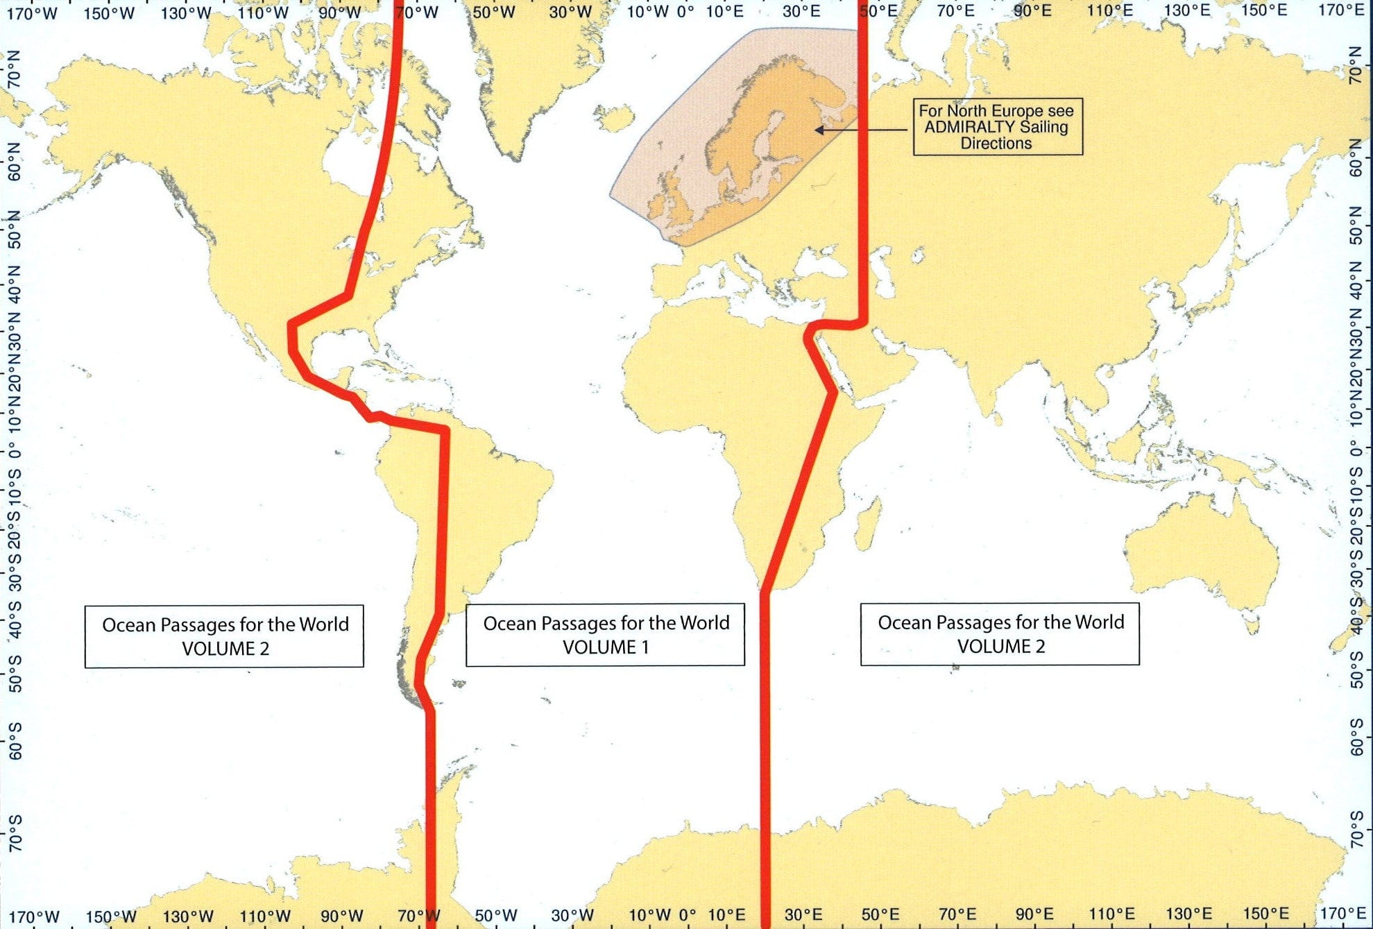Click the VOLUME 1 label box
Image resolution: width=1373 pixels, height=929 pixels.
[x=605, y=635]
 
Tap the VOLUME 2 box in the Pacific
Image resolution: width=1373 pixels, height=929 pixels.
[x=224, y=636]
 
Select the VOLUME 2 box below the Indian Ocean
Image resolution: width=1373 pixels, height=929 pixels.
[x=1000, y=634]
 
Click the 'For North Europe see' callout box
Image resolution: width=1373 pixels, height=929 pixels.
[x=997, y=126]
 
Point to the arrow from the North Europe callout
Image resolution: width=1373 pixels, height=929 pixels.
[x=860, y=130]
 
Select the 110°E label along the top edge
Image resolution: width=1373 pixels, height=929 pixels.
[x=1110, y=10]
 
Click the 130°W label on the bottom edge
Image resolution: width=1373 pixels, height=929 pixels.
[x=187, y=917]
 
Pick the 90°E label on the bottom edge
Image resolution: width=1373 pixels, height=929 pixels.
[x=1034, y=915]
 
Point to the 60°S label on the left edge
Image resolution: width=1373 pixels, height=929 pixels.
[x=15, y=740]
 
